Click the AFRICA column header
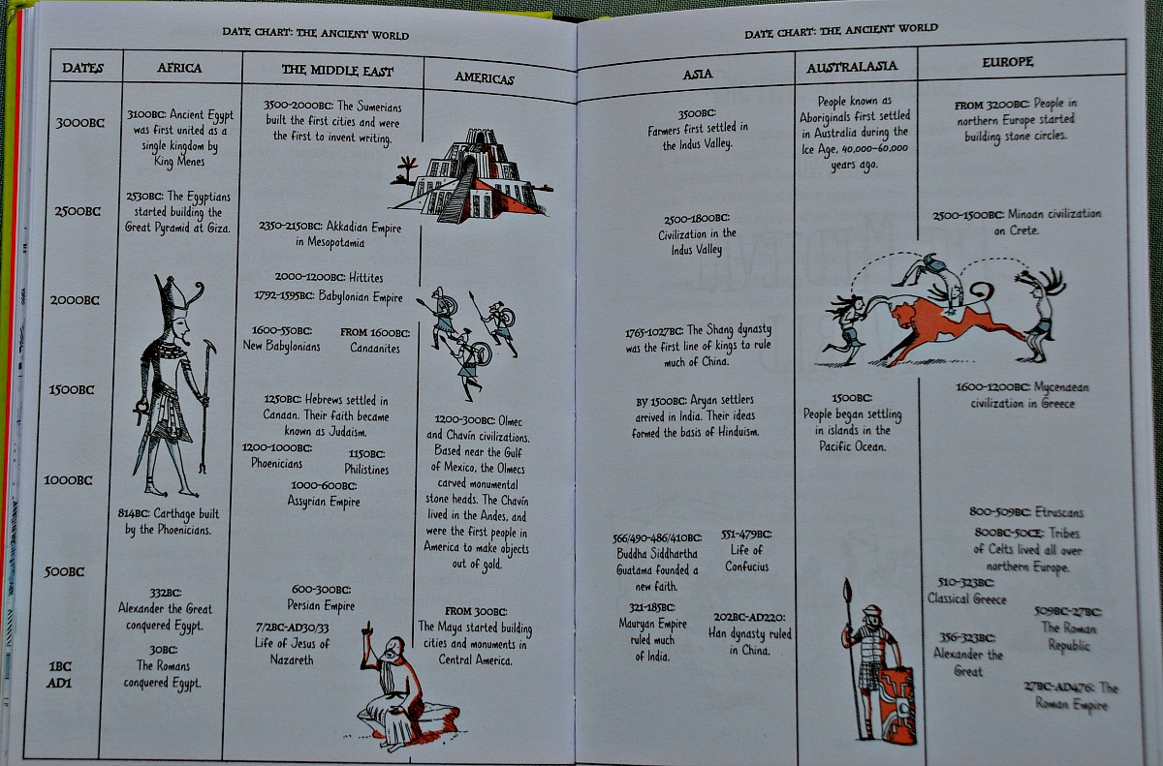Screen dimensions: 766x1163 (x=179, y=68)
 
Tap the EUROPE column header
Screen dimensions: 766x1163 (x=1007, y=61)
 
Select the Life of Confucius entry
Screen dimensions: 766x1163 (x=746, y=550)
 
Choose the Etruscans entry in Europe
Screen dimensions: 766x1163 (x=1025, y=512)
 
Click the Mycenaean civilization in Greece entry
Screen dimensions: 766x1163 (x=1022, y=395)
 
